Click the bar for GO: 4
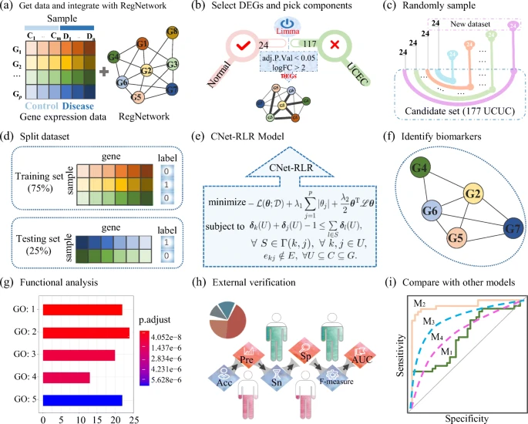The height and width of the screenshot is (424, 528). tap(67, 378)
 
